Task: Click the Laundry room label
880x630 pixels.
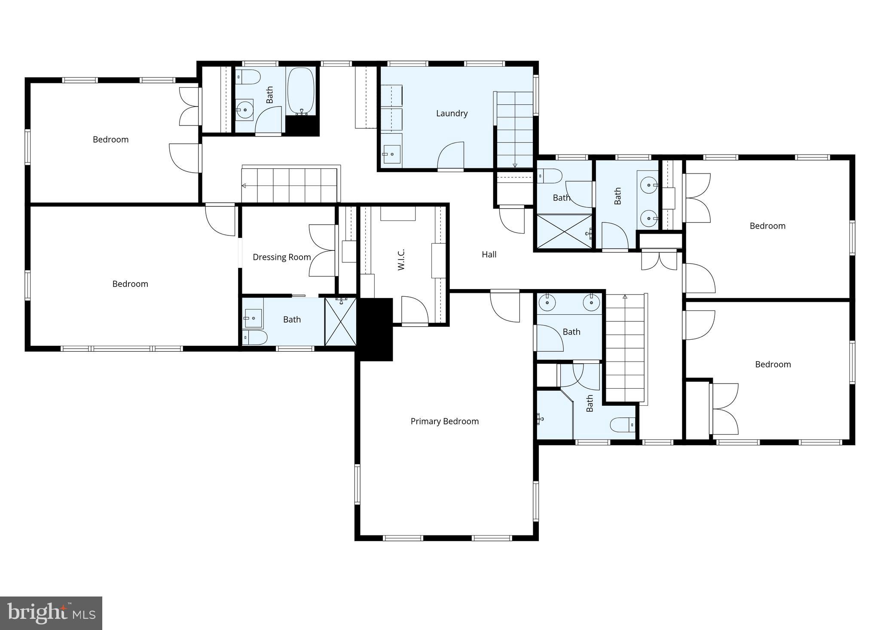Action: coord(452,113)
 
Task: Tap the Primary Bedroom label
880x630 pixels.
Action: coord(444,421)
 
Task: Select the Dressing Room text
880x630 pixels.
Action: coord(281,257)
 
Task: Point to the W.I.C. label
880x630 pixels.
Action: coord(401,259)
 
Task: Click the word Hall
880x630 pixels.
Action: coord(489,255)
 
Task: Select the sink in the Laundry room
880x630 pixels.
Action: coord(391,154)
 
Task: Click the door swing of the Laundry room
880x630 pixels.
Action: coord(451,155)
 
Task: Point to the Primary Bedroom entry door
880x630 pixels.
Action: coord(505,307)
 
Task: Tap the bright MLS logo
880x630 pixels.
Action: coord(51,613)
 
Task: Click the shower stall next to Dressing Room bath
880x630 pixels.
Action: coord(340,322)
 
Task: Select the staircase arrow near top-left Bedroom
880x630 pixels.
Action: coord(244,186)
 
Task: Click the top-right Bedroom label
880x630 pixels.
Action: coord(767,226)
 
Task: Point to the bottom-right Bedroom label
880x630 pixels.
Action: coord(773,365)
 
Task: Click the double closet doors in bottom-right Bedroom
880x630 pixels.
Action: coord(725,409)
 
